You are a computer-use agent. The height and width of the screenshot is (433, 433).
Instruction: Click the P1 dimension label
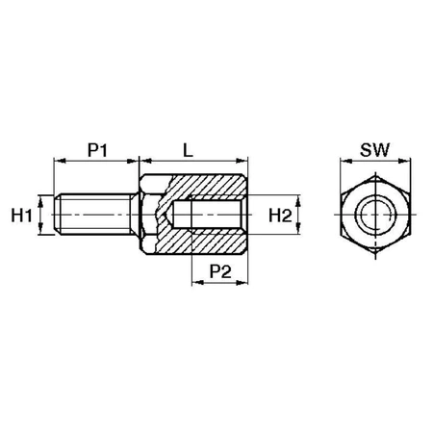(96, 150)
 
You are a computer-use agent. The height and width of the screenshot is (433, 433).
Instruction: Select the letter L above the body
(190, 150)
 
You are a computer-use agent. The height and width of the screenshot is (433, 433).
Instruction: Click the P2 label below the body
(220, 274)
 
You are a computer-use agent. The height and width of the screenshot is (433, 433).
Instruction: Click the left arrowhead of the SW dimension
(344, 162)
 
